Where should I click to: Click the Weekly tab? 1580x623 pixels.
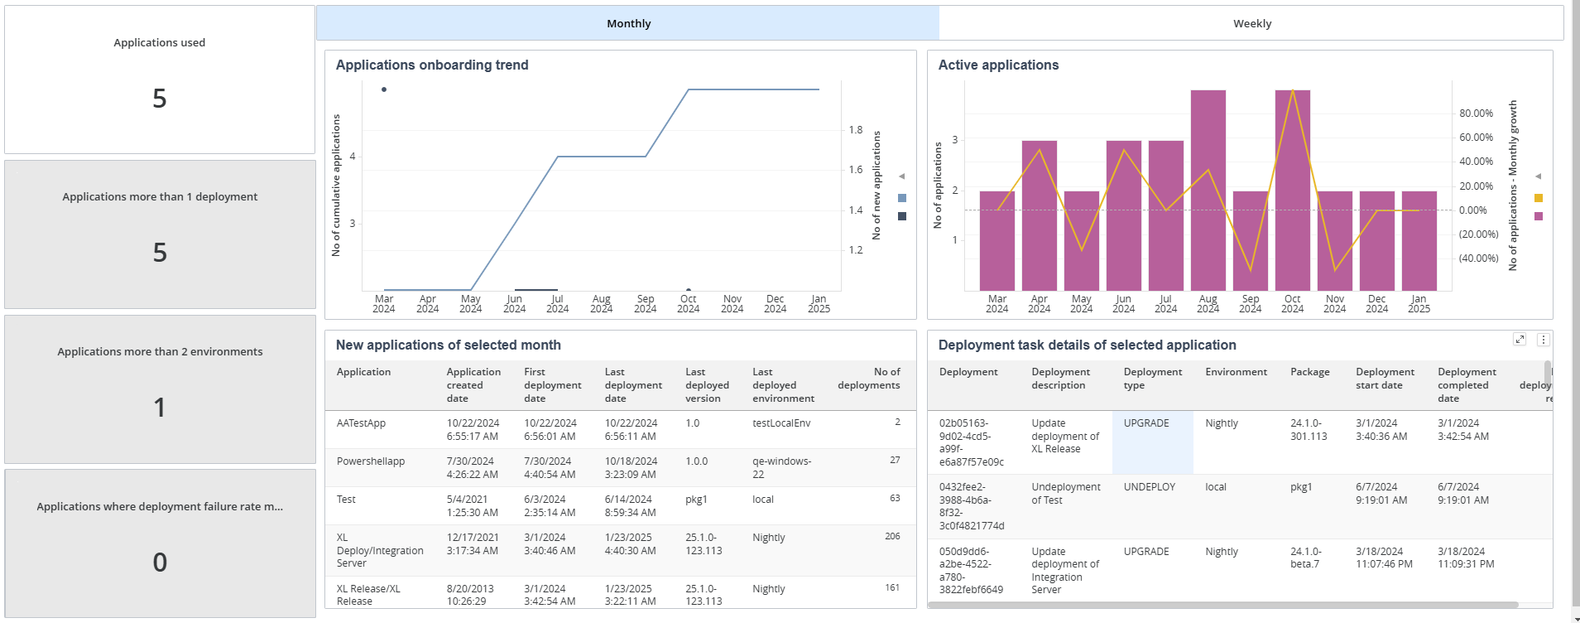tap(1251, 23)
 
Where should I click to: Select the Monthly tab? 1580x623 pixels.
tap(628, 23)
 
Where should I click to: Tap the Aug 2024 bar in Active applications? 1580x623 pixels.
tap(1208, 191)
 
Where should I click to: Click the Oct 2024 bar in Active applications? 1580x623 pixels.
tap(1293, 191)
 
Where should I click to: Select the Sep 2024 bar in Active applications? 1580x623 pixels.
tap(1251, 241)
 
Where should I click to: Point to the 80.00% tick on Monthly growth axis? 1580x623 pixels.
tap(1477, 113)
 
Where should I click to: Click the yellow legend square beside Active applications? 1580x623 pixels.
tap(1539, 198)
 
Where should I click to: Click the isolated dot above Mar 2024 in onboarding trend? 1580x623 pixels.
tap(384, 89)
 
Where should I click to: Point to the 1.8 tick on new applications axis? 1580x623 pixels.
tap(856, 130)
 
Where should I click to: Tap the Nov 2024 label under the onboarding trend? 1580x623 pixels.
tap(732, 304)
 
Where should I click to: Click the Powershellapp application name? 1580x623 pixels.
tap(371, 461)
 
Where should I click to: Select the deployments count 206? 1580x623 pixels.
tap(892, 536)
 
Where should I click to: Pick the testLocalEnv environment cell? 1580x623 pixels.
tap(781, 423)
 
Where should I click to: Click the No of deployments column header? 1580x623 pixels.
tap(869, 379)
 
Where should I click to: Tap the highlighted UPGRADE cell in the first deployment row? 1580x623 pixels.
tap(1153, 442)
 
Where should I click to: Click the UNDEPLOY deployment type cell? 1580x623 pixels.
tap(1150, 487)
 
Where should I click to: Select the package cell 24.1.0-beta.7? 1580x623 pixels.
tap(1306, 558)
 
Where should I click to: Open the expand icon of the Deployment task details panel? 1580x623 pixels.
tap(1520, 340)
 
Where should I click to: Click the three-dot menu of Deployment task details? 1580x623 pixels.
tap(1544, 340)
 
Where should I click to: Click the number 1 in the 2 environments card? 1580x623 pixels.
tap(160, 408)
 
